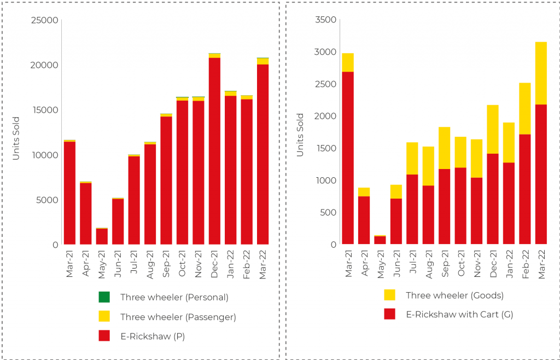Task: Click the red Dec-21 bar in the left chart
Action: click(x=214, y=150)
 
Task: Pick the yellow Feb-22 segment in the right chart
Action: click(x=525, y=108)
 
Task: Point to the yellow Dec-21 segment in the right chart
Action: click(x=493, y=129)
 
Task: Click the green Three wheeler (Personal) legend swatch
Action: click(x=104, y=297)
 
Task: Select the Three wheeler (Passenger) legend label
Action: click(x=178, y=317)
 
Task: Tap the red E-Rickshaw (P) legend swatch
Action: click(x=104, y=336)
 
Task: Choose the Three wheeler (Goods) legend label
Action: click(x=454, y=295)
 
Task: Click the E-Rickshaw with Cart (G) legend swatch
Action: click(x=389, y=314)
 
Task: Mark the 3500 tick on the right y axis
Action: click(x=326, y=20)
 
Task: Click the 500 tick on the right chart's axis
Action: click(x=329, y=212)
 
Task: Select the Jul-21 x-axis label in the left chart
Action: click(x=133, y=264)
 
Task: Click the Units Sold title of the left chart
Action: click(x=16, y=138)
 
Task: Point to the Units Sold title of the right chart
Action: click(x=300, y=135)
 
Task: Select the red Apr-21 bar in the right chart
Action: click(x=364, y=220)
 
